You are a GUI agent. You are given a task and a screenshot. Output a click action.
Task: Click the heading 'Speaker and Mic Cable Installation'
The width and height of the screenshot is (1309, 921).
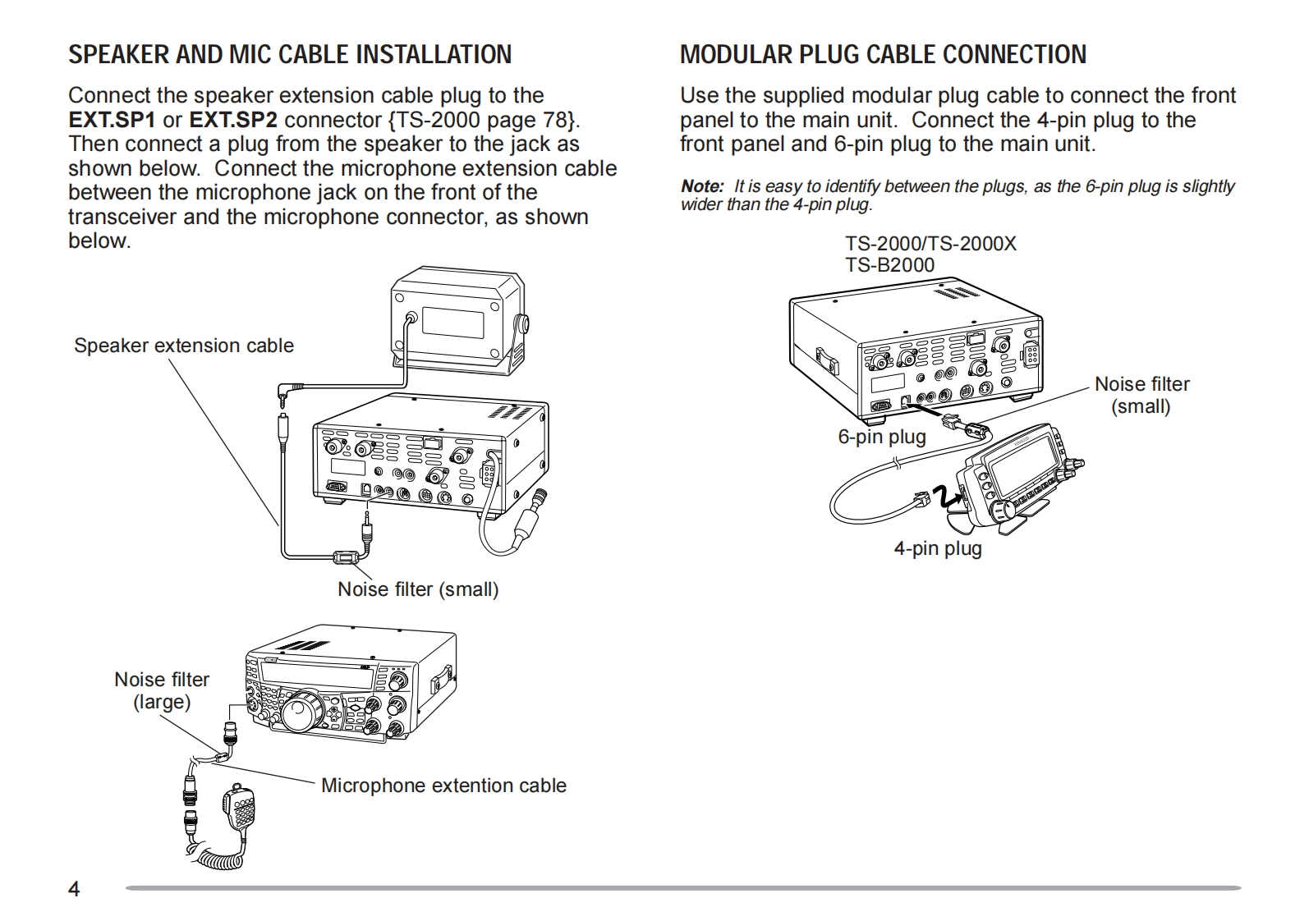pos(289,54)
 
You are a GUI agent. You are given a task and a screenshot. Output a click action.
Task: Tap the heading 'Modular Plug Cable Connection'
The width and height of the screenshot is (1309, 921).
pos(883,54)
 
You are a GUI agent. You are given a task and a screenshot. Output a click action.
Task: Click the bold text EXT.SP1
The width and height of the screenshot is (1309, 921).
pos(112,120)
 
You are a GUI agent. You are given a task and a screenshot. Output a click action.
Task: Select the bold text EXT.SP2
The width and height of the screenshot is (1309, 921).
pos(233,120)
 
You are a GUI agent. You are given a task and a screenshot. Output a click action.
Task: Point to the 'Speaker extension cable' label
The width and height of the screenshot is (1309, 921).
pos(184,346)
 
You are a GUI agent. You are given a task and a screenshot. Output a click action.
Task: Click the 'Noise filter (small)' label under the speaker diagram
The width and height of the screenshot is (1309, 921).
pos(418,589)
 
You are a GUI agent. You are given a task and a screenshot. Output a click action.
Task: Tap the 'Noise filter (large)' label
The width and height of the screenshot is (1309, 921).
pos(162,690)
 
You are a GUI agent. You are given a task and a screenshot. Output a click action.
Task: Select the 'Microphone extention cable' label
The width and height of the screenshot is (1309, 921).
pos(443,786)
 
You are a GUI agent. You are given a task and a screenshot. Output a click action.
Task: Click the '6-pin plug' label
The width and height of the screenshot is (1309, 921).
pos(881,437)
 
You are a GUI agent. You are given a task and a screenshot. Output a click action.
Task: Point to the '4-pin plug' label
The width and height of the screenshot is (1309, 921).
pos(938,548)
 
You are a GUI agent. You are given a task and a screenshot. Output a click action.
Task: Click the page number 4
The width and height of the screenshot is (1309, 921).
pos(74,890)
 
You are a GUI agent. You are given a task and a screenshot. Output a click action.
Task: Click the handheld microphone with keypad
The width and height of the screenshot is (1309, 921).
pos(240,809)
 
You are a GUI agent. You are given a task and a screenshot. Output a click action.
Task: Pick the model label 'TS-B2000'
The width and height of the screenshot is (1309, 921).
pos(890,265)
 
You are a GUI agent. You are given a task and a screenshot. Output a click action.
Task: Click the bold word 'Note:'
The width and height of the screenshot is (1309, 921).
pos(701,187)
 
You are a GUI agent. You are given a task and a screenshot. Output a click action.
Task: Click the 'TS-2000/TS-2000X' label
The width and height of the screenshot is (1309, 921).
pos(930,244)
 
